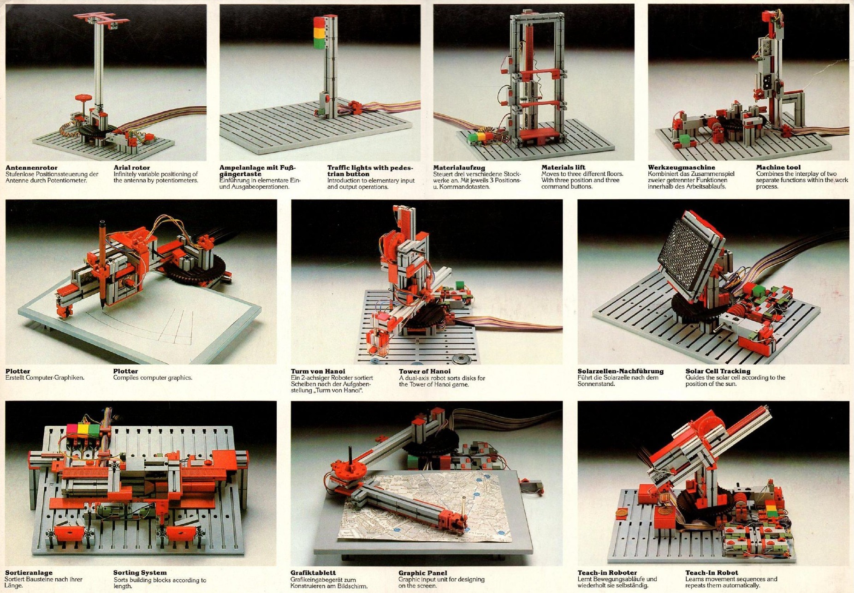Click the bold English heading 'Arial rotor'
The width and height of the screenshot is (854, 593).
click(x=131, y=168)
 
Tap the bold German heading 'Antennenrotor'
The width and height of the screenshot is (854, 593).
click(x=31, y=168)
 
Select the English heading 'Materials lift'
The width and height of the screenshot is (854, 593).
click(x=563, y=167)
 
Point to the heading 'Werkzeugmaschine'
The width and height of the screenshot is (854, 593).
click(x=681, y=168)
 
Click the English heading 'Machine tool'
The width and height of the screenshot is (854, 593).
click(x=778, y=167)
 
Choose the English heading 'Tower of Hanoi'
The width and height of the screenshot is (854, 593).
click(x=424, y=371)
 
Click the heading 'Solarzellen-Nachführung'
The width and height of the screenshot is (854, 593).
click(x=620, y=371)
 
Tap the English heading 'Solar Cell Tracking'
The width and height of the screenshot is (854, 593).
click(x=718, y=371)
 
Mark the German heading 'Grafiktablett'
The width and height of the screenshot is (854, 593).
click(x=313, y=573)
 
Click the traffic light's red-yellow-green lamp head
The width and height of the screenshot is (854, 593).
click(x=319, y=32)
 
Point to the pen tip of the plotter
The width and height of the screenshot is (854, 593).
click(x=100, y=307)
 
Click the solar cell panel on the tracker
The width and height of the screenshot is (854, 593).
click(x=691, y=252)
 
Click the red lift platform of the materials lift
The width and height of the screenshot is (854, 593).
click(x=542, y=137)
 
